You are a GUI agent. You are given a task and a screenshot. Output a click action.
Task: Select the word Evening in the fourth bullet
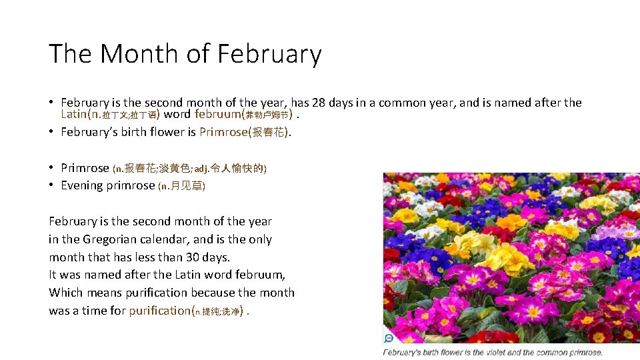82,185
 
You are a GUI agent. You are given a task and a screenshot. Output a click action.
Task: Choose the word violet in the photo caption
508,353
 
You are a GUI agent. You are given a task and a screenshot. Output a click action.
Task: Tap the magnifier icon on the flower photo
389,338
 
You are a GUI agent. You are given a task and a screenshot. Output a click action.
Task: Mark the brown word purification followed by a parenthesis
159,311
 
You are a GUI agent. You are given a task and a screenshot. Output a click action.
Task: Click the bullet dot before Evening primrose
51,185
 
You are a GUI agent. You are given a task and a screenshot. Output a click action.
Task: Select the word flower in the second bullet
164,132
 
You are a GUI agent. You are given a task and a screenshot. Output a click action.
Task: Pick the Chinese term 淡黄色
175,168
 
